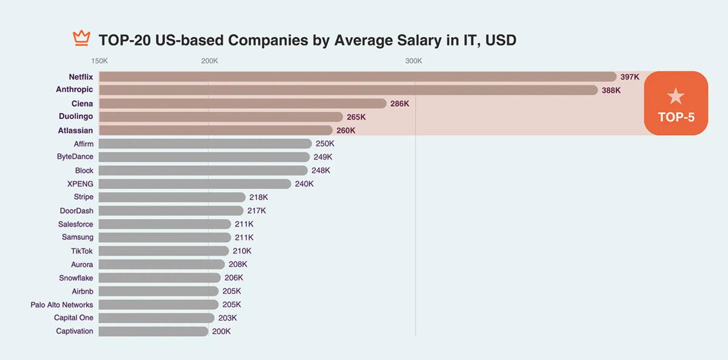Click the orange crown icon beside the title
[x=81, y=39]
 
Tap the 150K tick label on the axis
[x=99, y=61]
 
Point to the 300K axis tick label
[x=414, y=61]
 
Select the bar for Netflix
[x=357, y=77]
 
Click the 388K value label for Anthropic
[x=611, y=90]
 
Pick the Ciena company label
[x=83, y=104]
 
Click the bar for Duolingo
[x=221, y=117]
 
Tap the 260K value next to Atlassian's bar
[x=346, y=131]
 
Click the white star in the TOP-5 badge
[x=675, y=97]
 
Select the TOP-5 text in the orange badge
[x=676, y=118]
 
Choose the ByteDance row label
[x=75, y=157]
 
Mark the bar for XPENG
[x=195, y=184]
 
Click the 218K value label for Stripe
[x=258, y=197]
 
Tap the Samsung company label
[x=78, y=237]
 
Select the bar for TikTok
[x=164, y=251]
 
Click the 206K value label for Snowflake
[x=234, y=277]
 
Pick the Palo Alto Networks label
[x=62, y=305]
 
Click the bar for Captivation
[x=153, y=331]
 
